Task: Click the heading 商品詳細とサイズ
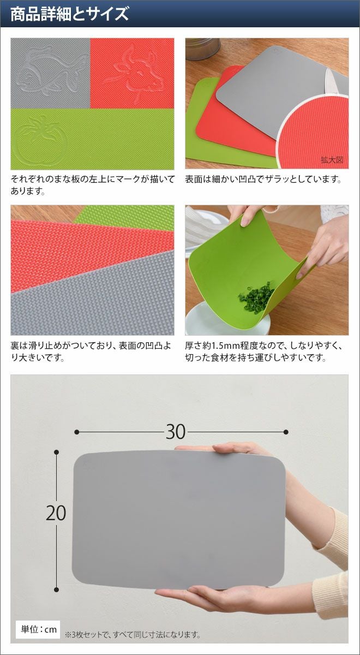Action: (x=70, y=14)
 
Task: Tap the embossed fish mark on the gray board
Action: (x=48, y=70)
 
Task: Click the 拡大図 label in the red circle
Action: (x=332, y=160)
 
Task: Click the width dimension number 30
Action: (x=176, y=432)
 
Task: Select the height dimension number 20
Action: (x=56, y=513)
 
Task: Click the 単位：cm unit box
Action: (x=38, y=629)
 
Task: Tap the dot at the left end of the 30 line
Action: (x=77, y=432)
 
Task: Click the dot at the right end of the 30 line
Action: (x=286, y=432)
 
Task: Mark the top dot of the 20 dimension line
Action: (x=57, y=452)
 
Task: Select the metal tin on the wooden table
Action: (x=203, y=48)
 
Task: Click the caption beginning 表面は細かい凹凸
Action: (x=263, y=179)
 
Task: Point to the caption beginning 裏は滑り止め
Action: (x=91, y=352)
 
